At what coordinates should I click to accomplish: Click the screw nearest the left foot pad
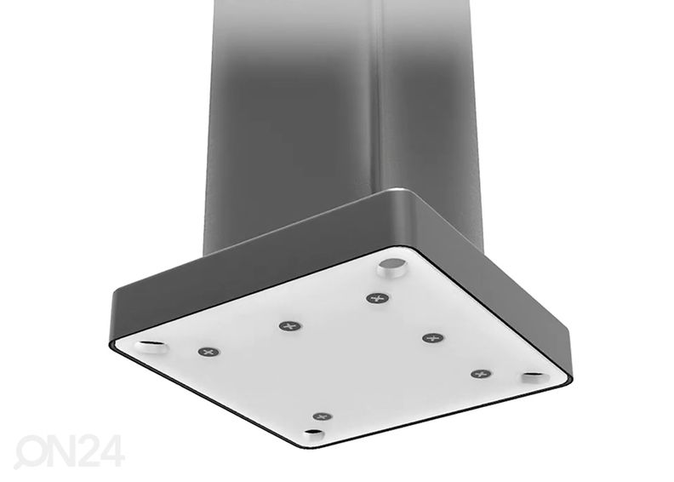207,352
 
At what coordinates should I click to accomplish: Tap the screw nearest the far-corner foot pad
377,298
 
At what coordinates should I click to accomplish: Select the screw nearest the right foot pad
481,374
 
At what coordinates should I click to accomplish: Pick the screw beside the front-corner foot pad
321,416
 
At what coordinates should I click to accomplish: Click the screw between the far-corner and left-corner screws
290,325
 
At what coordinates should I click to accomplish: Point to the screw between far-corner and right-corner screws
432,338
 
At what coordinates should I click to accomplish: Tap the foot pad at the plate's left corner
148,345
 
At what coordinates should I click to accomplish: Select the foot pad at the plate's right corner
534,376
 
